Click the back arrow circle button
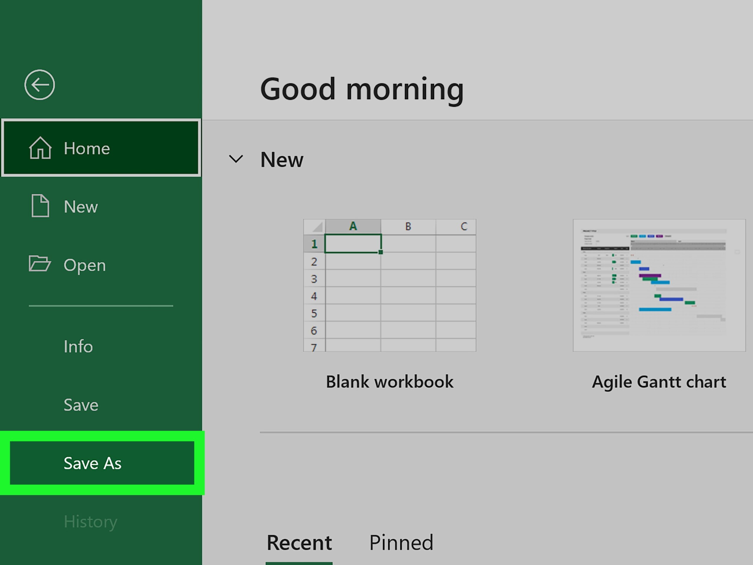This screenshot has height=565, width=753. point(39,85)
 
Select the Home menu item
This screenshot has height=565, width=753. point(101,148)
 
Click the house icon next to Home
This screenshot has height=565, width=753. point(40,148)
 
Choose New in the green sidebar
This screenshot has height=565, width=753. point(81,207)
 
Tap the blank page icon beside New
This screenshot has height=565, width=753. point(40,206)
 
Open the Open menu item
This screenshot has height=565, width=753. point(84,265)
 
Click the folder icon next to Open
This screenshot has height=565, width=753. point(39,264)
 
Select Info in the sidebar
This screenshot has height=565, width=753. point(78,346)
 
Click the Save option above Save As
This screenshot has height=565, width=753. point(81,405)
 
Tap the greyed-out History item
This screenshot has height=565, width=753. point(90,521)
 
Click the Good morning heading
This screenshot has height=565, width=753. point(361,89)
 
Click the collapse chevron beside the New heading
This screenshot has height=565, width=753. point(236,159)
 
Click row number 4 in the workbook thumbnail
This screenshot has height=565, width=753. point(314,296)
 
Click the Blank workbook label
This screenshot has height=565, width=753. point(389,381)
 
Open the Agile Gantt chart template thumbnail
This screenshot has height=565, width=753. point(659,285)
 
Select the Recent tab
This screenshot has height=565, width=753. point(299,543)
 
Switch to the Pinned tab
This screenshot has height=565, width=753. point(401,543)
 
